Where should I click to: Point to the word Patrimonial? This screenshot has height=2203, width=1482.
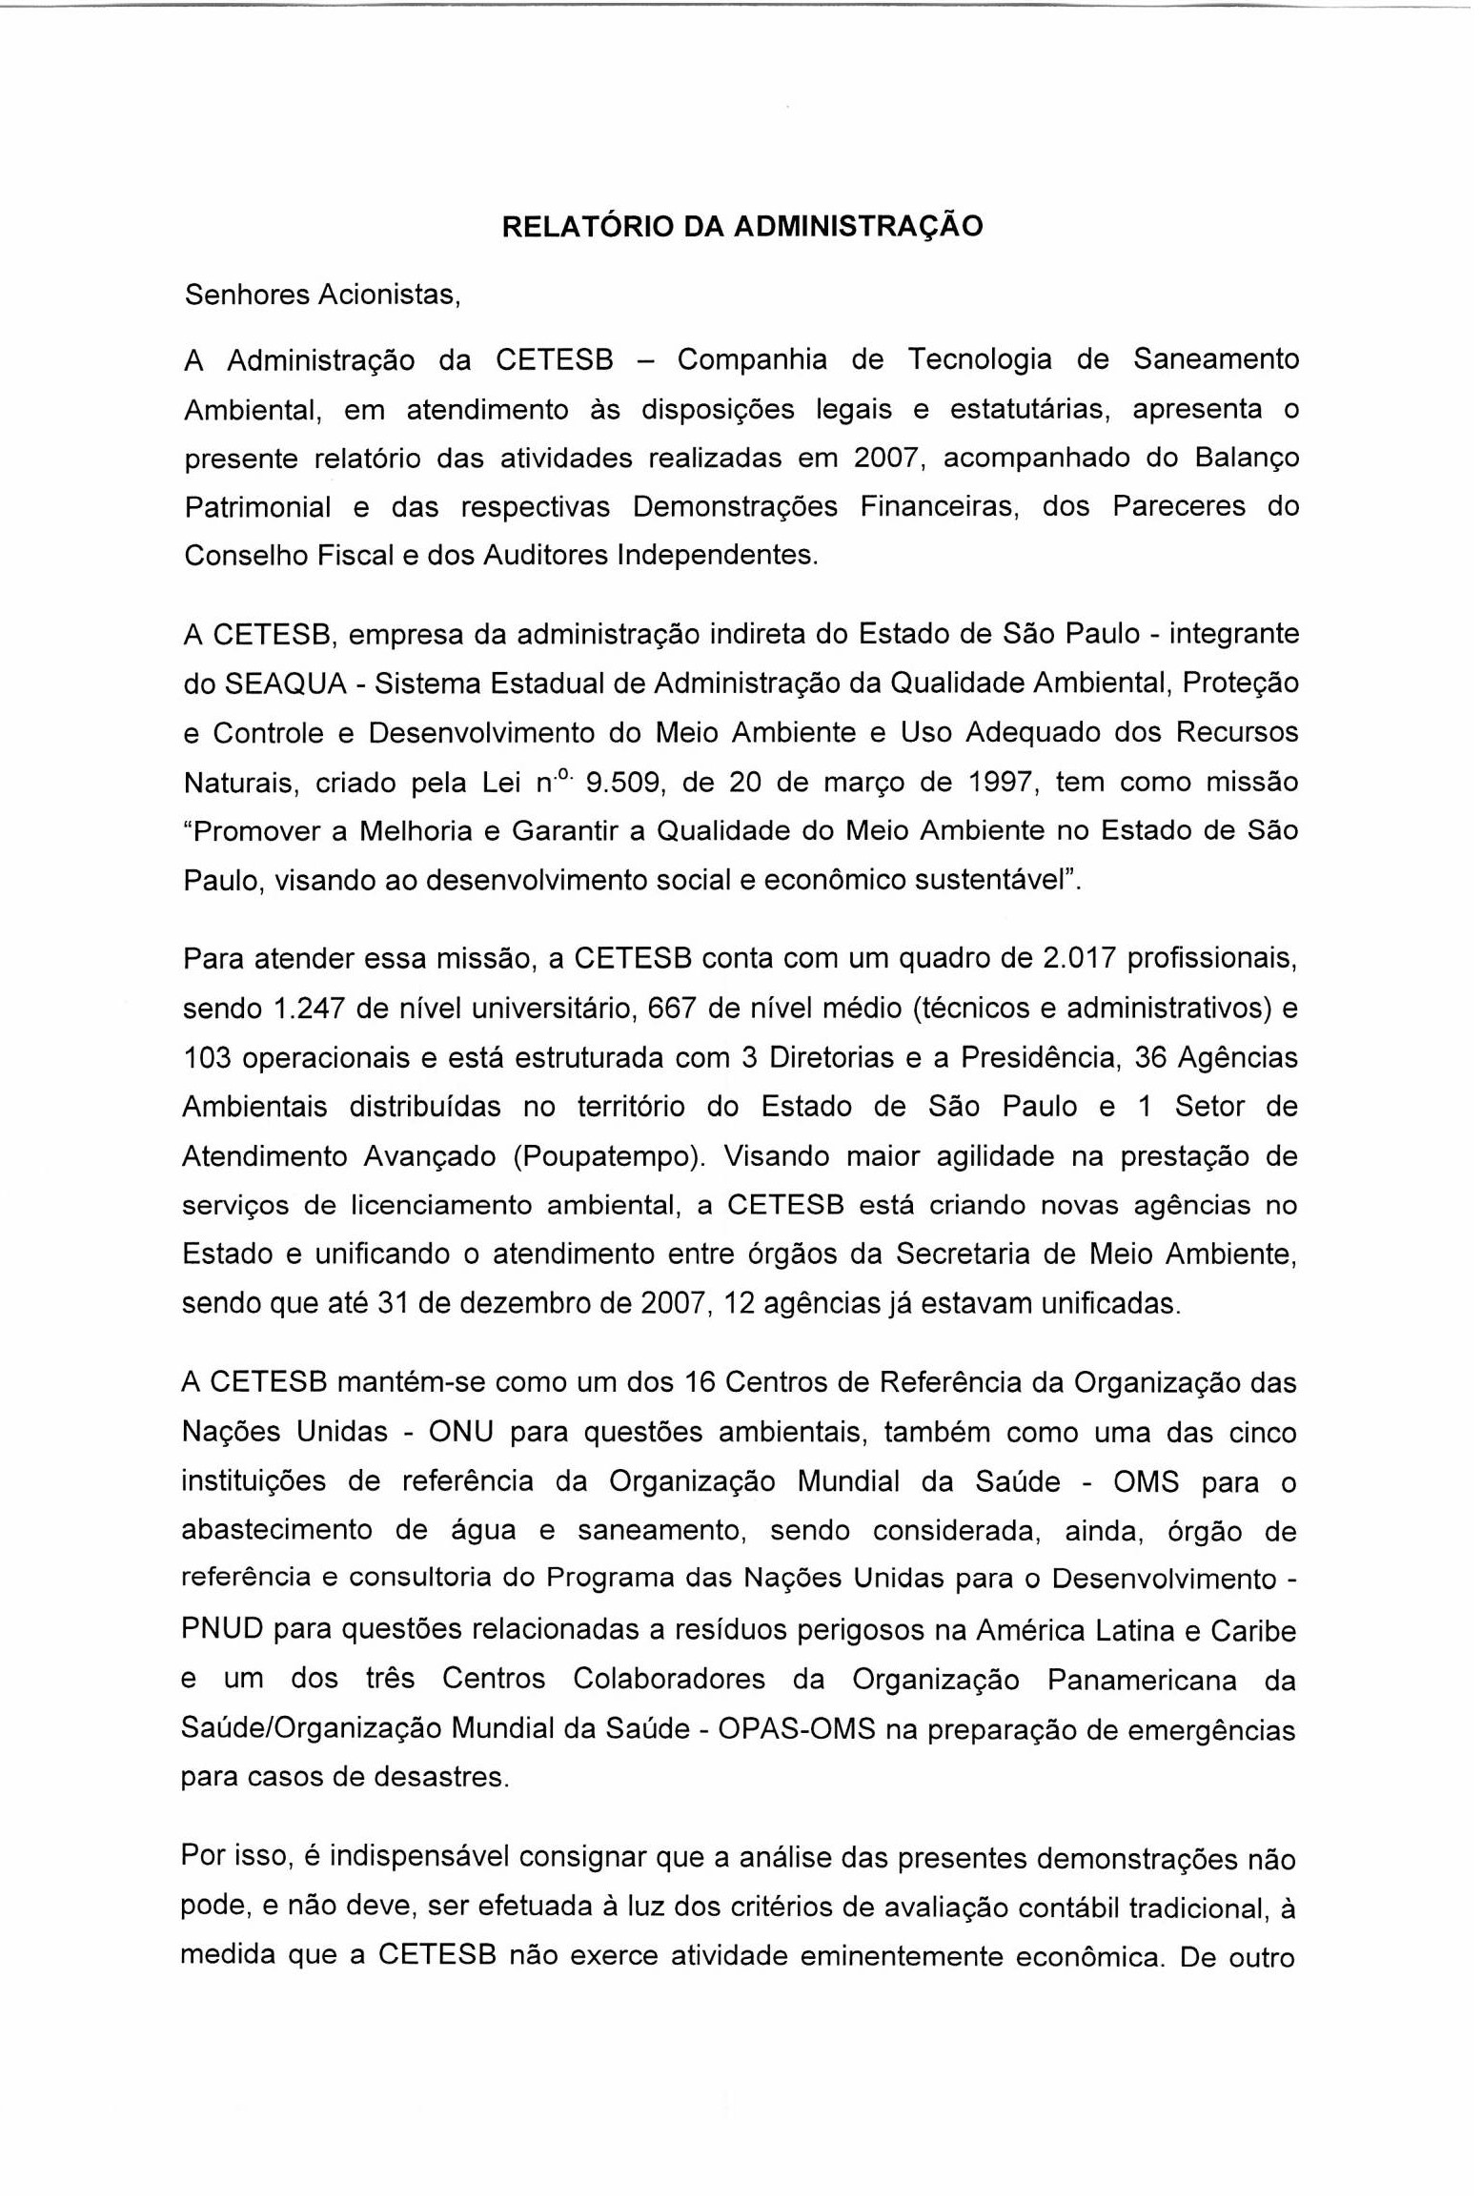click(x=257, y=507)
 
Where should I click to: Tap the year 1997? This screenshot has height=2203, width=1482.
click(x=1000, y=783)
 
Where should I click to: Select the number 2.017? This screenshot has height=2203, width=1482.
click(x=1080, y=958)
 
